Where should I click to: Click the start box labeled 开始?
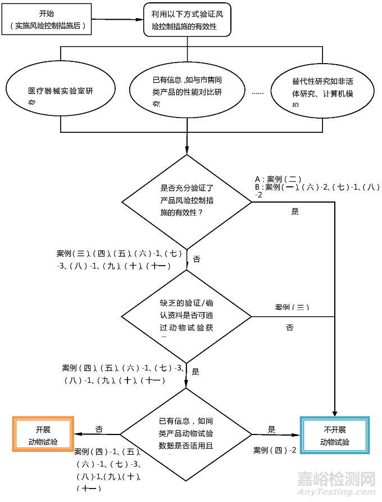point(47,20)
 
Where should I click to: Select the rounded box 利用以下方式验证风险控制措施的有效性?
point(187,20)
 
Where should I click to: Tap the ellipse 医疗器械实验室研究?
point(61,92)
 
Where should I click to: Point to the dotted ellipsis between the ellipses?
point(258,92)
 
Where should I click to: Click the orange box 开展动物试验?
point(43,434)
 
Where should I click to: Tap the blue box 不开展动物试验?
point(335,434)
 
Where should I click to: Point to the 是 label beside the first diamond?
point(295,212)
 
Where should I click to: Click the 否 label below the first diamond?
point(196,259)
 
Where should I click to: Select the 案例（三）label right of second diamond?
point(292,307)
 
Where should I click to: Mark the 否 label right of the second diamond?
point(289,328)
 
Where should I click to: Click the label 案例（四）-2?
point(274,450)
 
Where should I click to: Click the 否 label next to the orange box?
point(99,429)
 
